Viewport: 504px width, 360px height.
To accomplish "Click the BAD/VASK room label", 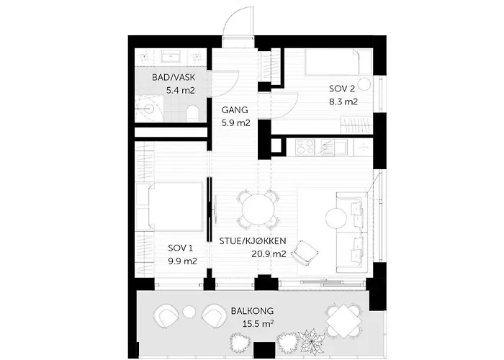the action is [174, 78].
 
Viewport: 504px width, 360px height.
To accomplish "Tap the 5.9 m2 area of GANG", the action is [235, 123].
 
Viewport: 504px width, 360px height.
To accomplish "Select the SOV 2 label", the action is [342, 89].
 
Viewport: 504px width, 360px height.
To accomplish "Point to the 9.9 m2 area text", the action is [182, 261].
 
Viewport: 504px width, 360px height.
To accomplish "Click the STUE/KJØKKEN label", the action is [253, 240].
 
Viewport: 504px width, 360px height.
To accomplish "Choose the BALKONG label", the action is [252, 311].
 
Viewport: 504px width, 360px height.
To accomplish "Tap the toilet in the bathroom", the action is [192, 113].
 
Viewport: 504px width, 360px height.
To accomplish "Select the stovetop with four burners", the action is [305, 146].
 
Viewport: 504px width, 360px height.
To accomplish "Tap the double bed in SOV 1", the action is [175, 207].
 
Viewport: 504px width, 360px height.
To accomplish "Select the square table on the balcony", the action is [343, 321].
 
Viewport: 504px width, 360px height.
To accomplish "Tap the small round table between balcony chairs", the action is [189, 312].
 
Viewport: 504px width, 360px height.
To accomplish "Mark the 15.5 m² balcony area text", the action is [258, 324].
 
